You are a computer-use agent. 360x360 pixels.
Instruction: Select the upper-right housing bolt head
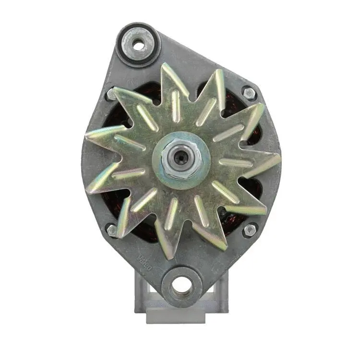tap(249, 93)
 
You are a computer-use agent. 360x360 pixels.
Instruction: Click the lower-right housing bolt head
tap(250, 230)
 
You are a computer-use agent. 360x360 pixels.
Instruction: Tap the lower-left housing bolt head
tap(112, 231)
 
